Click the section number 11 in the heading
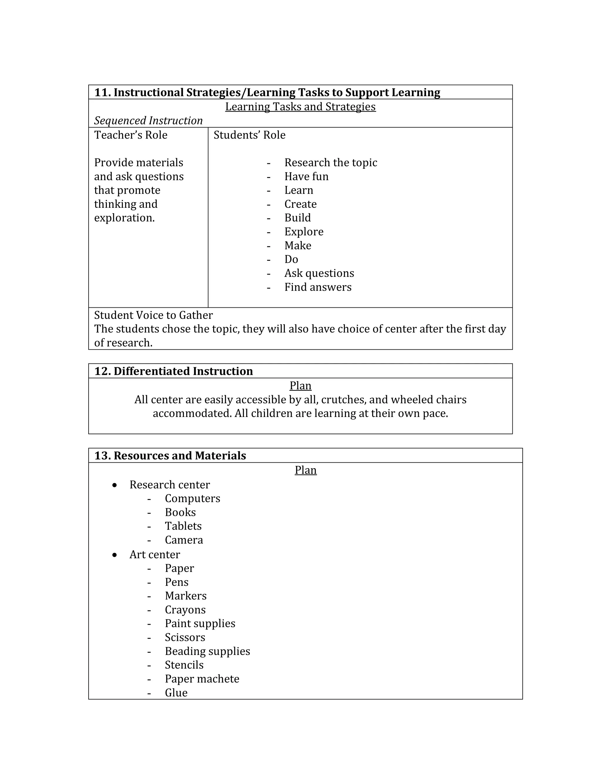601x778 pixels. (102, 92)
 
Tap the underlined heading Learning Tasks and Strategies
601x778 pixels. (300, 107)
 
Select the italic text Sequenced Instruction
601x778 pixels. (148, 120)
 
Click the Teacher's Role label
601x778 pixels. (131, 135)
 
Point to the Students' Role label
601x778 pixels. (249, 135)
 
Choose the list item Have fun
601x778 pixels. (306, 176)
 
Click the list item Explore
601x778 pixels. (304, 232)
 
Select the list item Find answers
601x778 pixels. (318, 287)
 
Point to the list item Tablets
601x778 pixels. (183, 526)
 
